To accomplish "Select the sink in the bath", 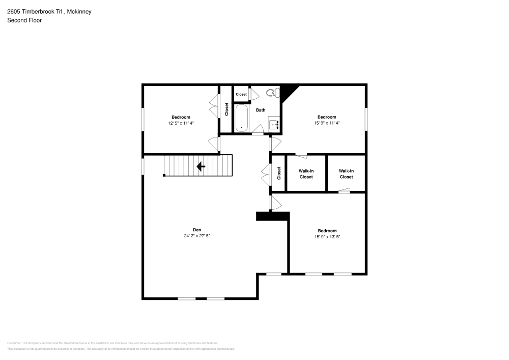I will [274, 123].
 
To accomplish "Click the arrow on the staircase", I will [201, 166].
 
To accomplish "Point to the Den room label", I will [197, 230].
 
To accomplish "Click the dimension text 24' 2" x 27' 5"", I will [197, 236].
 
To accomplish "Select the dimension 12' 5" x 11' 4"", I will [181, 123].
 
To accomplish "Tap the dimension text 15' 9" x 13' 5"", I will [327, 236].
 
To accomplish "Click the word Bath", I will [261, 110].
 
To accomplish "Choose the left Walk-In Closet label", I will [306, 174].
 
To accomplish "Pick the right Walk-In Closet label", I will [346, 174].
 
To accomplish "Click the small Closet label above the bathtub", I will [241, 94].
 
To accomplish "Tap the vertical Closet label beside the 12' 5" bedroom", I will [227, 109].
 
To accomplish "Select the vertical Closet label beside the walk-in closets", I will [279, 174].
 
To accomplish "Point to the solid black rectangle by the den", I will [272, 216].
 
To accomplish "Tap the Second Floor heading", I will [24, 20].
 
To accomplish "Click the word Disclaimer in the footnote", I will [14, 343].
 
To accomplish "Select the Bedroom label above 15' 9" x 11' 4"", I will [327, 117].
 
